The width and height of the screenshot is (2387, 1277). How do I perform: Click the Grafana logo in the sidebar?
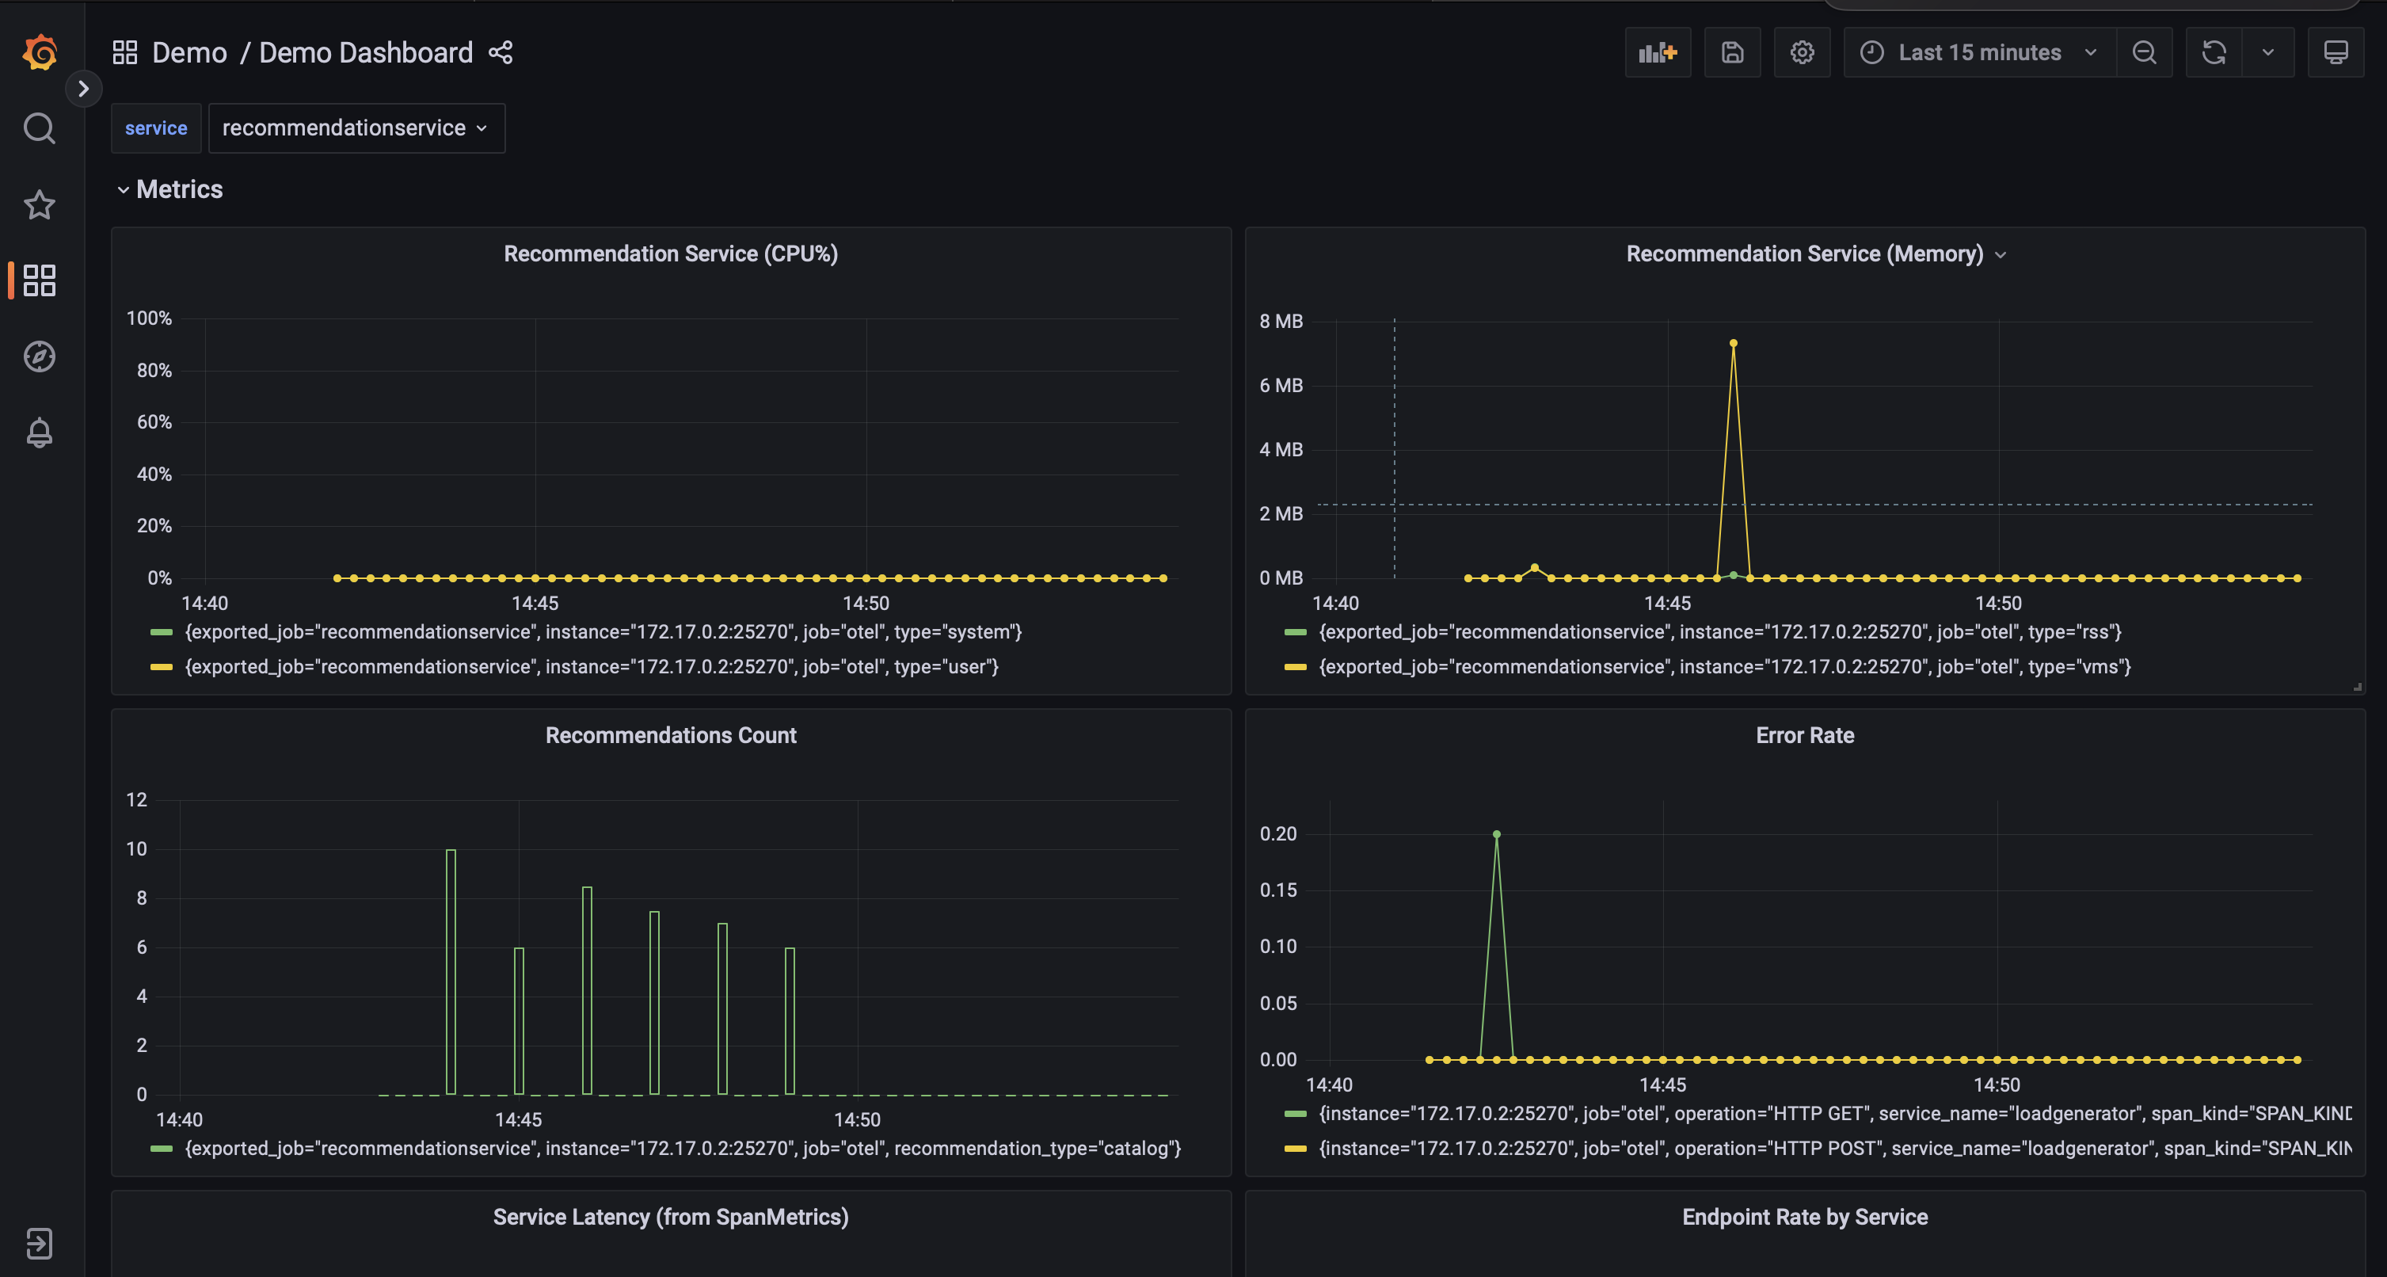(x=40, y=52)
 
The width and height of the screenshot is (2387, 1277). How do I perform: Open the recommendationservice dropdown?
(x=356, y=128)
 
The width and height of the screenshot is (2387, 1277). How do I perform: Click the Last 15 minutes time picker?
(x=1978, y=53)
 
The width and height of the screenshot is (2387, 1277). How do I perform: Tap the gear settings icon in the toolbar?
(x=1802, y=53)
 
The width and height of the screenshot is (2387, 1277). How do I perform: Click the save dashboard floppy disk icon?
(x=1732, y=53)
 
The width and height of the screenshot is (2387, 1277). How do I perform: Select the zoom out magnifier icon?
(x=2143, y=53)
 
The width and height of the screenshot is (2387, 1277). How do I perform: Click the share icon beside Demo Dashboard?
(x=501, y=53)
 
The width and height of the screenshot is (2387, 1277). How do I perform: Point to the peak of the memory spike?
(x=1733, y=344)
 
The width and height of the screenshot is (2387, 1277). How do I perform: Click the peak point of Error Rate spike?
(x=1497, y=834)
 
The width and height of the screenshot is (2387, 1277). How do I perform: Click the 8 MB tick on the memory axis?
(x=1281, y=322)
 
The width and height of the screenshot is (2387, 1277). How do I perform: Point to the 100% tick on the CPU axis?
(x=149, y=318)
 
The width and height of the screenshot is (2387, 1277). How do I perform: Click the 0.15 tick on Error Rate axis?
(x=1277, y=890)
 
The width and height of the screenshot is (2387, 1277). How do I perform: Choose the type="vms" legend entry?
(x=1723, y=666)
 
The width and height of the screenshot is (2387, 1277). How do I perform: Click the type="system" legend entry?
(x=603, y=632)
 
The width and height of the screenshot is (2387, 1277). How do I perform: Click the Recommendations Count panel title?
(x=671, y=735)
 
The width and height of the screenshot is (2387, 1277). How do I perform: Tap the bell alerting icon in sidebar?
(x=39, y=433)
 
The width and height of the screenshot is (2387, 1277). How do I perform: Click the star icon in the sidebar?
(x=39, y=205)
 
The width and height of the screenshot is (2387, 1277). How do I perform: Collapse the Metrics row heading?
(x=171, y=189)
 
